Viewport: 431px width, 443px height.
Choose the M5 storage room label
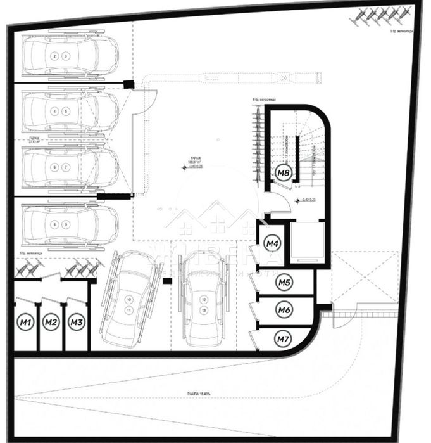pyautogui.click(x=284, y=283)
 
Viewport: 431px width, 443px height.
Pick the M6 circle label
pyautogui.click(x=284, y=310)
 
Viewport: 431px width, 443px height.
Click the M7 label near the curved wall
pyautogui.click(x=283, y=339)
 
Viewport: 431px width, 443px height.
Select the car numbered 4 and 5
pyautogui.click(x=70, y=112)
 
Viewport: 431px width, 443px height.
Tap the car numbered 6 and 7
pyautogui.click(x=70, y=167)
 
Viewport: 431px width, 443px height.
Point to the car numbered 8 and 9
pyautogui.click(x=70, y=224)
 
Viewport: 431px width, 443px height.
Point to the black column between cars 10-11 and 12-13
pyautogui.click(x=168, y=280)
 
